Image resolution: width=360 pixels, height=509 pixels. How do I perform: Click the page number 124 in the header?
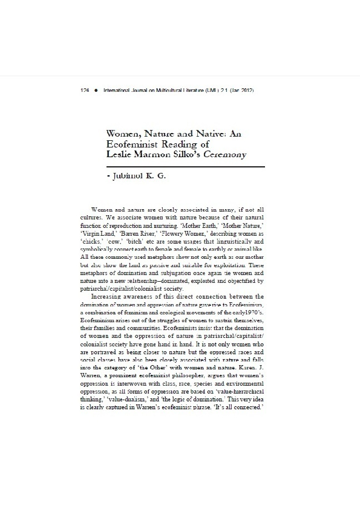point(85,90)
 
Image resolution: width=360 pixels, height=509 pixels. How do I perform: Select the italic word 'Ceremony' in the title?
point(225,154)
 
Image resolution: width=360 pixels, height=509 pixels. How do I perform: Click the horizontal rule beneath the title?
point(186,166)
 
